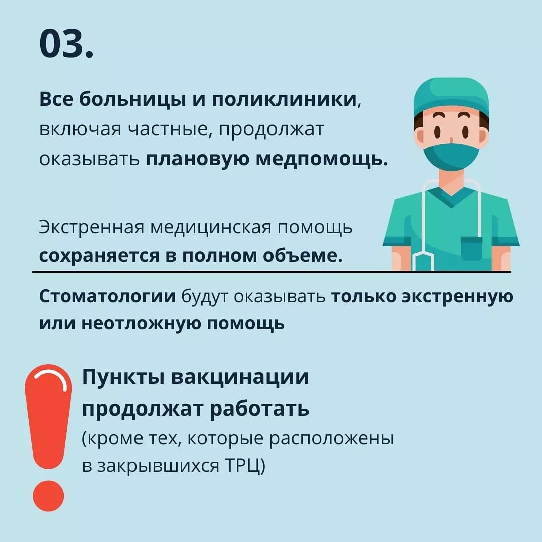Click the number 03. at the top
point(66,44)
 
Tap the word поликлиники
point(284,99)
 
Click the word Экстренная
point(91,228)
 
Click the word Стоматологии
point(107,297)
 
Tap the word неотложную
point(141,324)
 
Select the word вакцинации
point(240,377)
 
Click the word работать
point(259,409)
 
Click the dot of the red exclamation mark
point(48,496)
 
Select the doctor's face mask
point(451,156)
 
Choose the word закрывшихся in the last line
point(158,466)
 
